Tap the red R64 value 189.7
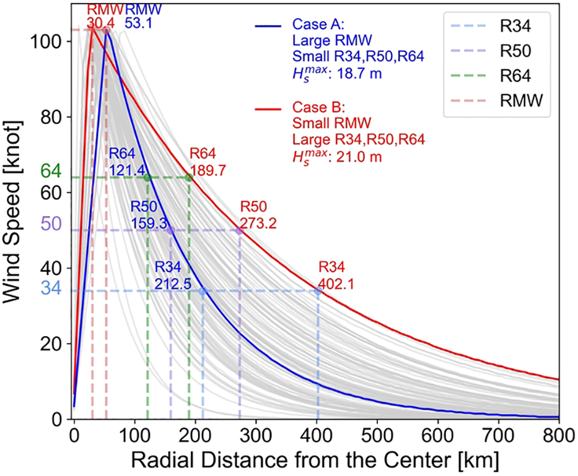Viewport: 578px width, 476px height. [x=208, y=168]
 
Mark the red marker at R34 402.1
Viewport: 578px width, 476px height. [x=318, y=290]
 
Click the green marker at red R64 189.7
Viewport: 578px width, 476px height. [x=189, y=178]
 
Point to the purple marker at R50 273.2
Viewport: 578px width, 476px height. [x=240, y=230]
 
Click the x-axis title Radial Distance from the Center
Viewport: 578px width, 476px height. [x=317, y=461]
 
